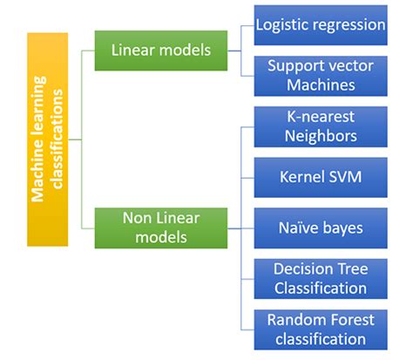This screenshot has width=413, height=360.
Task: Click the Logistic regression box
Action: pos(320,25)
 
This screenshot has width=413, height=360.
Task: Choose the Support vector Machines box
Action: pos(320,76)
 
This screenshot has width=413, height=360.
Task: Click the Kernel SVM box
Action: pos(320,178)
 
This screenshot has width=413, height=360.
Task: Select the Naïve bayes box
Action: pos(320,228)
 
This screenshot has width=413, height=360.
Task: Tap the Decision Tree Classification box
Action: pos(320,278)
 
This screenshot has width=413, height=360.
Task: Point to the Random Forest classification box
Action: pos(320,329)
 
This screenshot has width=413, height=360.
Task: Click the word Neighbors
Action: pos(320,136)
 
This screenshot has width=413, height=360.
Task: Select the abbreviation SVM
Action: pos(344,178)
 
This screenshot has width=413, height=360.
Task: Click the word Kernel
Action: pos(301,178)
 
